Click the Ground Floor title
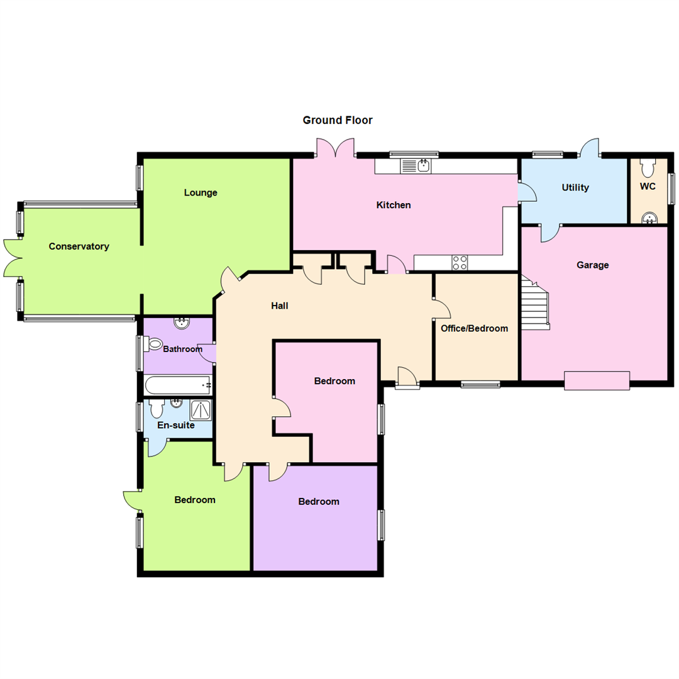pyautogui.click(x=338, y=120)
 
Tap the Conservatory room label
pyautogui.click(x=79, y=246)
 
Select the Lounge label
pyautogui.click(x=201, y=192)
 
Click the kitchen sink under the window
pyautogui.click(x=416, y=165)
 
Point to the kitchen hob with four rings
pyautogui.click(x=460, y=263)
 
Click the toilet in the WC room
pyautogui.click(x=648, y=167)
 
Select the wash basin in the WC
pyautogui.click(x=648, y=217)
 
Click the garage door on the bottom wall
pyautogui.click(x=597, y=380)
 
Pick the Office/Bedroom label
pyautogui.click(x=475, y=328)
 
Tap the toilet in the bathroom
pyautogui.click(x=153, y=344)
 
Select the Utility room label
pyautogui.click(x=575, y=187)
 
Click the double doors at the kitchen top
pyautogui.click(x=336, y=148)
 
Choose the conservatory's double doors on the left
pyautogui.click(x=14, y=257)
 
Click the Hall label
pyautogui.click(x=280, y=306)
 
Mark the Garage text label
pyautogui.click(x=592, y=265)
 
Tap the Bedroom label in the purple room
pyautogui.click(x=319, y=501)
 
